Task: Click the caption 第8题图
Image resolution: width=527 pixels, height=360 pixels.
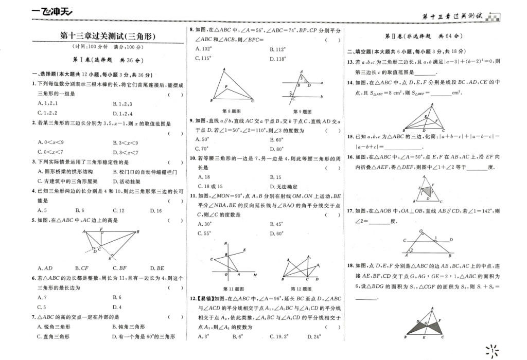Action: tap(231, 111)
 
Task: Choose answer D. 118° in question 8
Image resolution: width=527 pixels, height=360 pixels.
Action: tap(277, 59)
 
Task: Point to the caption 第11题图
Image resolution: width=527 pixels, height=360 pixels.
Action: tap(234, 289)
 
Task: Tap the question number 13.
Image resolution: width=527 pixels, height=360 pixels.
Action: tap(350, 62)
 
